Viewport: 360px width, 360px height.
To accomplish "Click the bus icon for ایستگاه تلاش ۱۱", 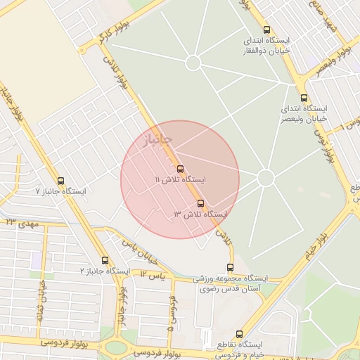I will [x=181, y=169].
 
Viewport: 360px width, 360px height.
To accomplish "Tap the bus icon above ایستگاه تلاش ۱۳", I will [x=200, y=203].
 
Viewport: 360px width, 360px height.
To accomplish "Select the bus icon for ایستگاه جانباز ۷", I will [x=60, y=181].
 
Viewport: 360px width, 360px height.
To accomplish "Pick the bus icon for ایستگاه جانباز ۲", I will [x=105, y=260].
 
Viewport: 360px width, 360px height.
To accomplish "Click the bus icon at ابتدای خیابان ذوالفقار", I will [x=266, y=30].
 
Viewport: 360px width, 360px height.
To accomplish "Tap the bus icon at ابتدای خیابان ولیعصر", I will [x=303, y=98].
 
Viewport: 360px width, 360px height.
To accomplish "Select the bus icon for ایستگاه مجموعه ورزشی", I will [x=231, y=267].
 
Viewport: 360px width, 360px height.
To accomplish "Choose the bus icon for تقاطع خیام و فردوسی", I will [x=239, y=334].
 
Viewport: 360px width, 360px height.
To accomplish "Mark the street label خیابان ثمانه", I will [x=40, y=299].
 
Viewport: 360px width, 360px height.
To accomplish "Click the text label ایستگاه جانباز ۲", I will [x=105, y=271].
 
